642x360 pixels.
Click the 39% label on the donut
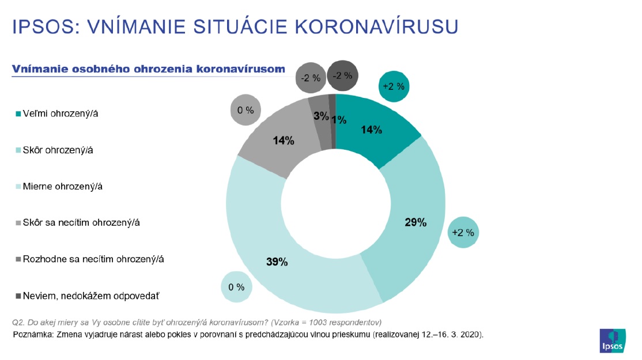click(277, 262)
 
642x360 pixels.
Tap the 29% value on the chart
click(415, 222)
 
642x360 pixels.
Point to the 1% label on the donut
click(339, 120)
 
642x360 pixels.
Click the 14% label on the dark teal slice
click(371, 130)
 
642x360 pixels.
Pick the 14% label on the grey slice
click(284, 141)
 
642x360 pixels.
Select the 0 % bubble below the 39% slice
click(236, 286)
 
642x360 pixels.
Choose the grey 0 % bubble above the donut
click(246, 109)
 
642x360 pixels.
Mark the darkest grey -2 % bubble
click(343, 76)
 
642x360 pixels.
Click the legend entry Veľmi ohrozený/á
click(60, 113)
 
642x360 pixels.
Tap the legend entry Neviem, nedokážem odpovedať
click(90, 296)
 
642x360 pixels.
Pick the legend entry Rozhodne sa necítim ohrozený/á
click(93, 259)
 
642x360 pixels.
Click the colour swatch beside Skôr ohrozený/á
click(18, 150)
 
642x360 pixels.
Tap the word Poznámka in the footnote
click(32, 334)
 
